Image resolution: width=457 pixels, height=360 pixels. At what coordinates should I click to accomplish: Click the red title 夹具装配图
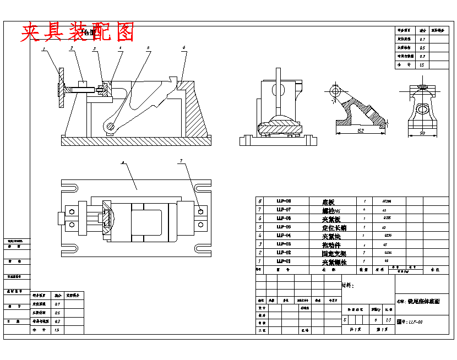[78, 33]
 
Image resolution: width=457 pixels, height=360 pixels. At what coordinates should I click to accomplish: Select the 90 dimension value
[422, 133]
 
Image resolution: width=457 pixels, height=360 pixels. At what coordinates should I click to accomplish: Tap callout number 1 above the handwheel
[43, 49]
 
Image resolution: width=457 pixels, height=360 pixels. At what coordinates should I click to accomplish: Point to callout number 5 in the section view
[148, 48]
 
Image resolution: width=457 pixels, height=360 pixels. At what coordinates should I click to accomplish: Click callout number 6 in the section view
[183, 48]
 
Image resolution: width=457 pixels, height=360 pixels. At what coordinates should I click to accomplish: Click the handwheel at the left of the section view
[62, 89]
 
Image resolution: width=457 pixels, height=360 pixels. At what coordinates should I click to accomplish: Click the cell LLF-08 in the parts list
[284, 201]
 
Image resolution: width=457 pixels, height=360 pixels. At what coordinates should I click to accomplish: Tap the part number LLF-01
[284, 261]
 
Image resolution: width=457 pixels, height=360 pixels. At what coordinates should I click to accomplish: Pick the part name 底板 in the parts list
[329, 202]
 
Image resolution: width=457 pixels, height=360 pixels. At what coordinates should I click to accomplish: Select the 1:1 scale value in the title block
[389, 319]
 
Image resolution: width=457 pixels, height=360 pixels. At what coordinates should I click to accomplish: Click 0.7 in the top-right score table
[422, 40]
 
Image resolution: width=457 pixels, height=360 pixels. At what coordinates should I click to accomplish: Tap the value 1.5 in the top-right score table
[422, 64]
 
